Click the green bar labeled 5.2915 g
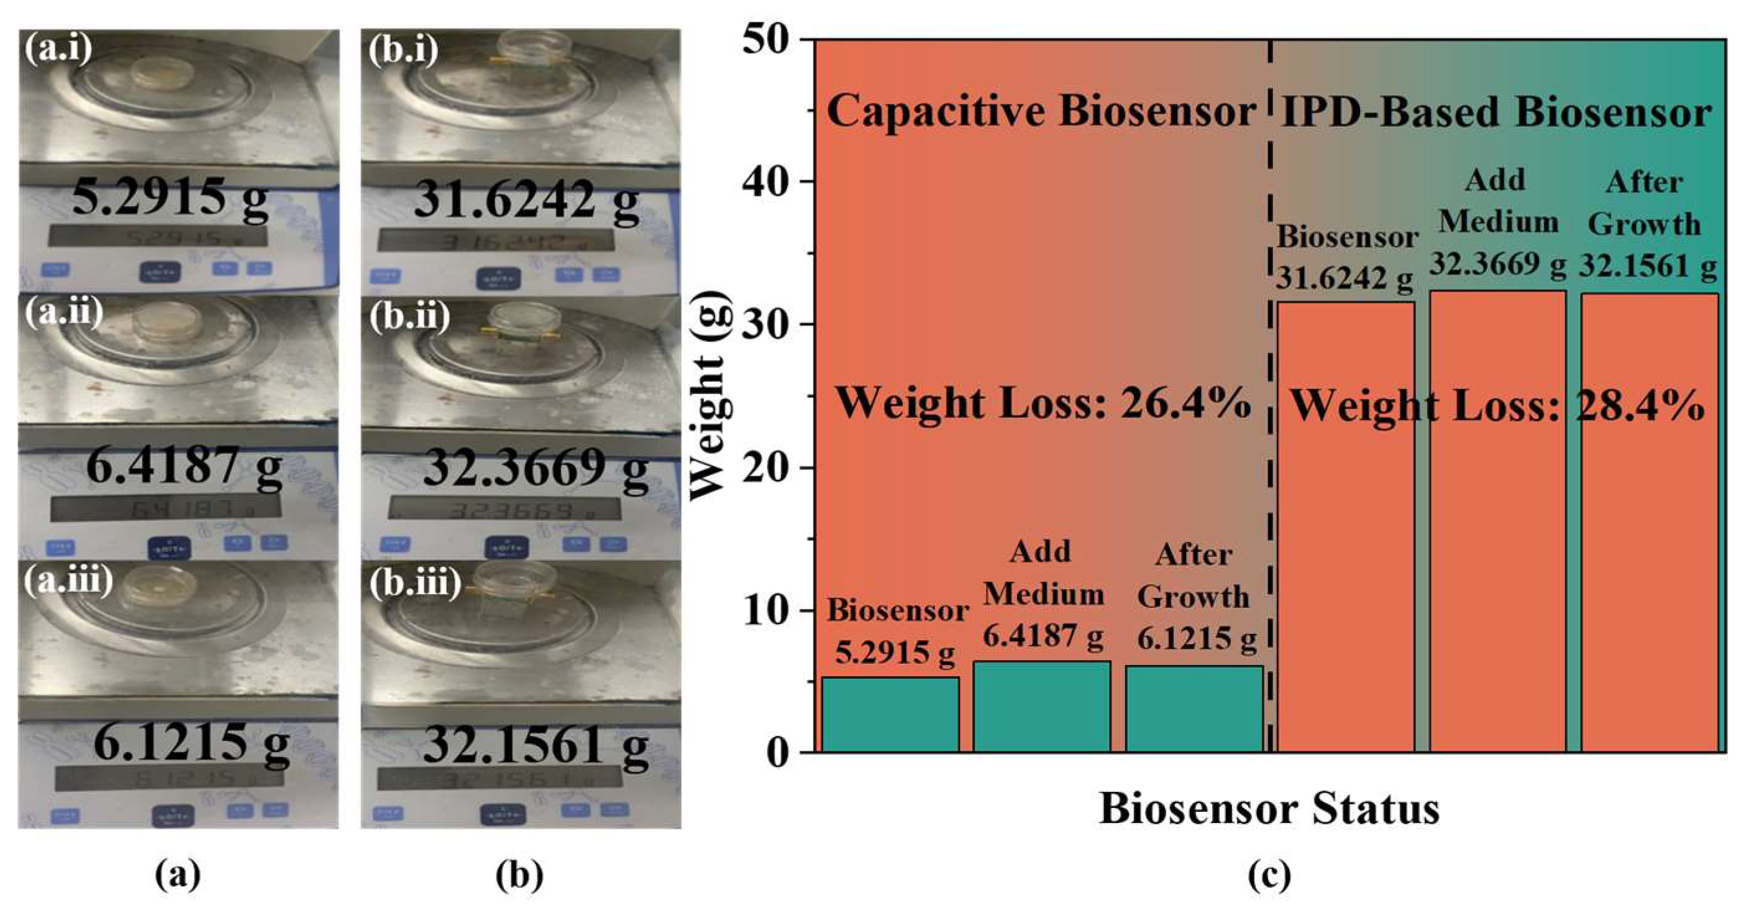click(890, 714)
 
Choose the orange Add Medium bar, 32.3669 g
click(1497, 521)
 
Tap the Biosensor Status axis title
click(1269, 808)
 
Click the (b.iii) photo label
click(414, 582)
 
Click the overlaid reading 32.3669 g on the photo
click(535, 467)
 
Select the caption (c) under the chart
click(1269, 876)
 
